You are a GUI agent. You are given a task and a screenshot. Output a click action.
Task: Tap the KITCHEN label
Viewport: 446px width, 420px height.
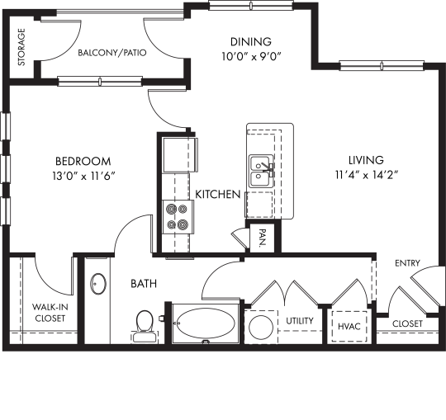coord(217,195)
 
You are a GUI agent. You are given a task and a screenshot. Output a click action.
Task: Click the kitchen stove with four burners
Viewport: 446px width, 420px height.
coord(177,216)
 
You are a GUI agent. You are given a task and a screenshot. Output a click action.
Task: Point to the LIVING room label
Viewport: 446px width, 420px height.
coord(364,160)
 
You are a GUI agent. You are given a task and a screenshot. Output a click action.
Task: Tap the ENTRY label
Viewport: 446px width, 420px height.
coord(407,264)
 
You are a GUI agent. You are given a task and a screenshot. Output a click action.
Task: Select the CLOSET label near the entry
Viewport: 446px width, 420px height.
coord(407,323)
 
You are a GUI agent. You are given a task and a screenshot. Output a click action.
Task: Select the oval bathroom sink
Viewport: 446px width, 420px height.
coord(98,285)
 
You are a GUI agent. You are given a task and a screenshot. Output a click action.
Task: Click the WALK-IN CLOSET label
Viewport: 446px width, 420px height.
coord(50,312)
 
